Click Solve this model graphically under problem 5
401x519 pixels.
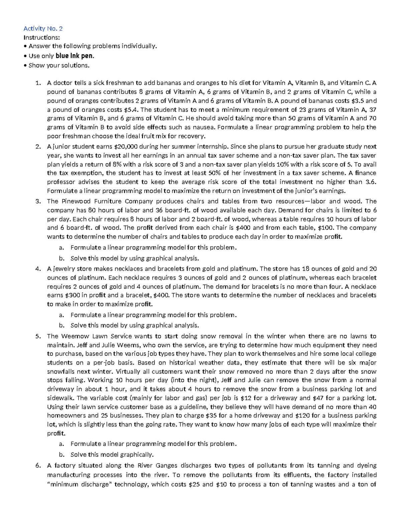coord(112,455)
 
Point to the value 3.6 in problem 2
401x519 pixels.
coord(371,182)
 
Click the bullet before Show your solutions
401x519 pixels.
coord(25,66)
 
